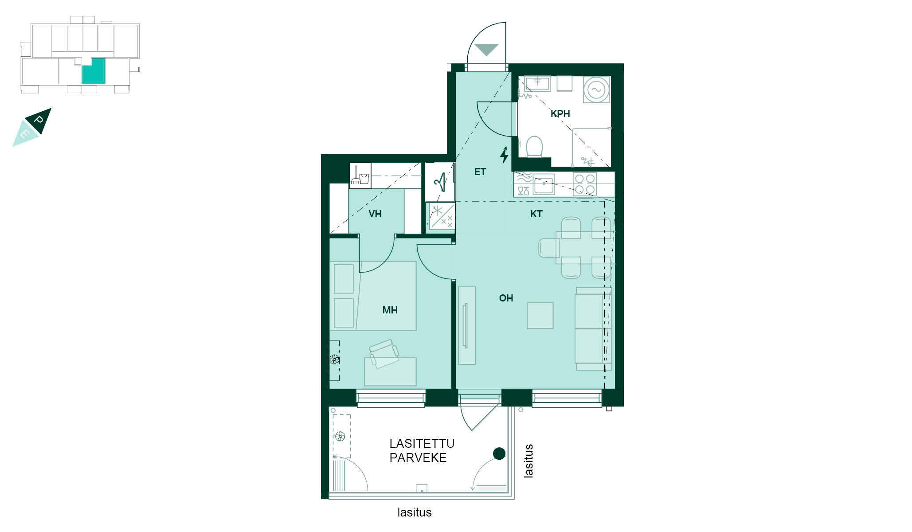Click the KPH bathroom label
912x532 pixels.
tap(560, 114)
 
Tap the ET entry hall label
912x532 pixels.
tap(480, 172)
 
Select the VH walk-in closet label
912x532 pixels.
tap(375, 214)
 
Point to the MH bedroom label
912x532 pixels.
tap(390, 310)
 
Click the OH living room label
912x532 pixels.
tap(506, 298)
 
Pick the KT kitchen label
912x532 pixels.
tap(536, 214)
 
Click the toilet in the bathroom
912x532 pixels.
tap(534, 147)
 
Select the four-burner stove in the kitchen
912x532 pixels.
tap(584, 184)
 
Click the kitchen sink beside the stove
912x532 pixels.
tap(544, 184)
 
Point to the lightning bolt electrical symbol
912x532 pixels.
tap(505, 155)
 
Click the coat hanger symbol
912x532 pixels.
tap(440, 182)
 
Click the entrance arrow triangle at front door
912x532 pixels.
tap(486, 50)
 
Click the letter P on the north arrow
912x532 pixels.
tap(39, 120)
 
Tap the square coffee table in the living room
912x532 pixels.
tap(540, 316)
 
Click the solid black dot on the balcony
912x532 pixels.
tap(499, 454)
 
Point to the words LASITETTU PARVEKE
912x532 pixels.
tap(422, 451)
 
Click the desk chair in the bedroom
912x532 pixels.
tap(384, 353)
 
